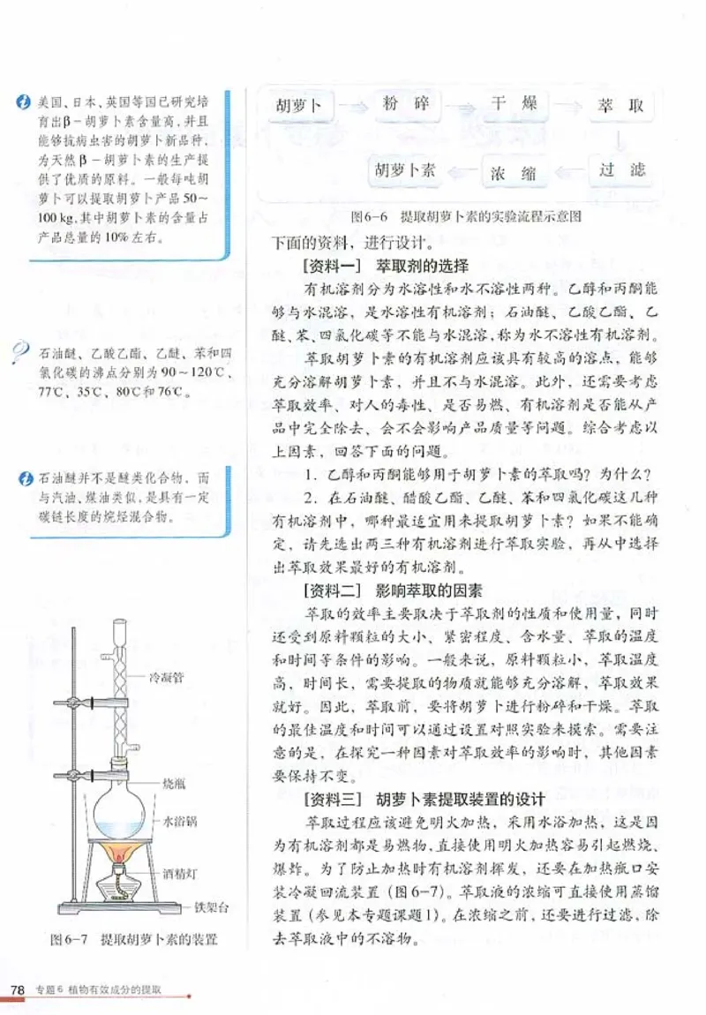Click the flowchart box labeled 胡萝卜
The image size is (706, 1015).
point(298,107)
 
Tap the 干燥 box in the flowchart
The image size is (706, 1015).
point(514,105)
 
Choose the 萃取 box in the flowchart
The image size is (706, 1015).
point(620,107)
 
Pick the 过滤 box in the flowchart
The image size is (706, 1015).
point(620,170)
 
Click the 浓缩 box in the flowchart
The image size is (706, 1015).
point(514,171)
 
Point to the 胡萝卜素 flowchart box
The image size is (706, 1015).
point(405,170)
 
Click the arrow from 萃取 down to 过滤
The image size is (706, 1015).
point(620,139)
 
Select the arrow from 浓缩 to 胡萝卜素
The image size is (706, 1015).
point(461,170)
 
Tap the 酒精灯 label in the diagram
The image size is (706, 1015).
point(181,874)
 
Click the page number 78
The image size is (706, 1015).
point(17,988)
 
